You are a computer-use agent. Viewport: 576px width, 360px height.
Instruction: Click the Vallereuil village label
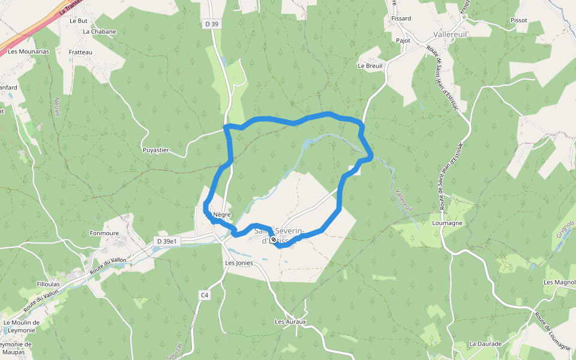(x=450, y=35)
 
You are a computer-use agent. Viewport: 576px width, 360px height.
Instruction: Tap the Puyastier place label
(x=156, y=150)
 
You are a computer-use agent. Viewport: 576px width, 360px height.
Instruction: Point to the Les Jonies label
(x=239, y=263)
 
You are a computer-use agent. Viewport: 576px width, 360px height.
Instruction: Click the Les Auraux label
(x=290, y=322)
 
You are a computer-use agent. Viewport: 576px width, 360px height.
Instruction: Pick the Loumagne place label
(x=447, y=223)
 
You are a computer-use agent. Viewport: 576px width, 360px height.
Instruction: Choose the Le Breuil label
(x=370, y=65)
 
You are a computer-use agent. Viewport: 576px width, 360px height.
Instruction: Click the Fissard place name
(x=401, y=19)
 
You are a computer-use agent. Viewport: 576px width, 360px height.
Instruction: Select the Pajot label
(x=403, y=41)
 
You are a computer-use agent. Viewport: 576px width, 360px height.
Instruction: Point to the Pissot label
(x=518, y=20)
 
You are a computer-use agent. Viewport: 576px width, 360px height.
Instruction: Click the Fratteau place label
(x=80, y=52)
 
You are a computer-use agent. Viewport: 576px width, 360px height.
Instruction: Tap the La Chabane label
(x=100, y=32)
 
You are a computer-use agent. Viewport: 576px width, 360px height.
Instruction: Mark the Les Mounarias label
(x=29, y=52)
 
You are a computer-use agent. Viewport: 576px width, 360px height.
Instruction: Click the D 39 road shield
(x=211, y=24)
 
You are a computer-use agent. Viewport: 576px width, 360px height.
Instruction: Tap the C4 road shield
(x=205, y=295)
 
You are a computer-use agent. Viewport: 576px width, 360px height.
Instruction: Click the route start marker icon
(x=274, y=239)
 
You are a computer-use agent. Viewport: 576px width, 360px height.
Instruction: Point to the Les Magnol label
(x=559, y=282)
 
